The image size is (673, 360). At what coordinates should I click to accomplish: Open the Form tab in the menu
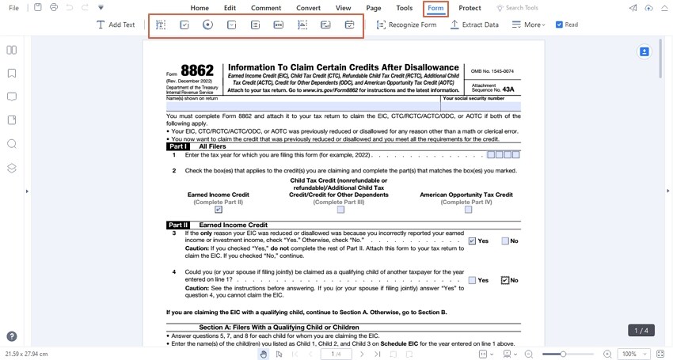pyautogui.click(x=435, y=8)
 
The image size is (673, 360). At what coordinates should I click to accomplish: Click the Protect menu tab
pyautogui.click(x=470, y=8)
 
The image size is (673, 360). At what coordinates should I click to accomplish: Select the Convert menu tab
pyautogui.click(x=308, y=8)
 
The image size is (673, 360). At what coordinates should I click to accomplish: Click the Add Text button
pyautogui.click(x=116, y=25)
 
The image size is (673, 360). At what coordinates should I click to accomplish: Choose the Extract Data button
pyautogui.click(x=474, y=25)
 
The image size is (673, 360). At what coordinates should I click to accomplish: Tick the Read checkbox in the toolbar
pyautogui.click(x=560, y=25)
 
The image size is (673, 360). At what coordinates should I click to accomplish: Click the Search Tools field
pyautogui.click(x=521, y=8)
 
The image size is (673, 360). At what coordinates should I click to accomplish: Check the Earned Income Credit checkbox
pyautogui.click(x=219, y=210)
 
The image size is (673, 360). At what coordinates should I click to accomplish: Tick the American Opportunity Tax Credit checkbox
pyautogui.click(x=468, y=210)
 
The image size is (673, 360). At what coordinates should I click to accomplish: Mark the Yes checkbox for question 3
pyautogui.click(x=472, y=241)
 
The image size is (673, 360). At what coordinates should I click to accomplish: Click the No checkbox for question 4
pyautogui.click(x=505, y=280)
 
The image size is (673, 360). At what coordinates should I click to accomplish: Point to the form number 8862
pyautogui.click(x=196, y=71)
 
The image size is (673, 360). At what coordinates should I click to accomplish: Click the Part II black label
pyautogui.click(x=178, y=225)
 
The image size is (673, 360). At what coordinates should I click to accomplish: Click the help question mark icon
pyautogui.click(x=12, y=336)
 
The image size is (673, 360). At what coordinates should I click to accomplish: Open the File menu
pyautogui.click(x=13, y=8)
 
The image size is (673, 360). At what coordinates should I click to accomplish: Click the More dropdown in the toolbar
pyautogui.click(x=528, y=25)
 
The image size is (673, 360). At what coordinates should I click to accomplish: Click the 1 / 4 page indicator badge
pyautogui.click(x=641, y=330)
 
